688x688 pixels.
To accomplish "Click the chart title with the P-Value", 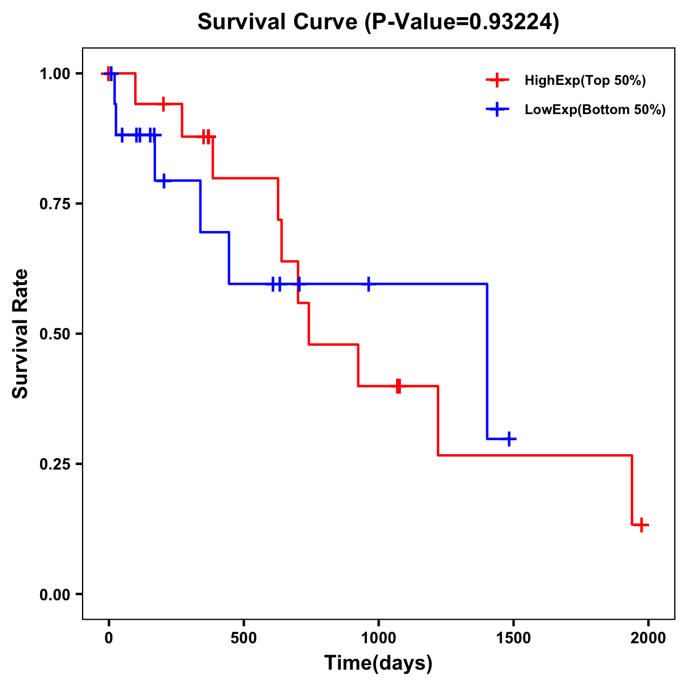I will coord(378,22).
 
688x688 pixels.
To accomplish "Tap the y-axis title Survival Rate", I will coord(21,334).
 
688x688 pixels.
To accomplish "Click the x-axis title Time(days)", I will coord(378,663).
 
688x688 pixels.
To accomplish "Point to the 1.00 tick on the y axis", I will coord(54,73).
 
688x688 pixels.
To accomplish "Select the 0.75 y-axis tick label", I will coord(54,204).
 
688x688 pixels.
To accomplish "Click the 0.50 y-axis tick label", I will coord(54,334).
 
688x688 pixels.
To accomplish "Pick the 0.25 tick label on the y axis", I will coord(54,464).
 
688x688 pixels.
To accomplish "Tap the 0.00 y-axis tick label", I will coord(54,594).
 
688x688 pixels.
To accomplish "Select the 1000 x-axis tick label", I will coord(378,638).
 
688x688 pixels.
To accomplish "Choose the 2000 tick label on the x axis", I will coord(648,638).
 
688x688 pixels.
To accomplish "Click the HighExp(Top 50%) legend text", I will coord(585,81).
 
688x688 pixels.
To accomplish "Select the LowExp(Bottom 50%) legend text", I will coord(595,110).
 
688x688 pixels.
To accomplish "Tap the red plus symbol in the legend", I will coord(497,80).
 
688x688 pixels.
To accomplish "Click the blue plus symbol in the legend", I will coord(497,110).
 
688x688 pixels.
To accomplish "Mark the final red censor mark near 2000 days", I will coord(642,524).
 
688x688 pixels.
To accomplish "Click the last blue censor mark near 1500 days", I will coord(508,439).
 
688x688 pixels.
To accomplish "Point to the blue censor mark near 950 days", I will coord(368,284).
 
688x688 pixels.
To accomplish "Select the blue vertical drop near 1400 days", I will coord(487,361).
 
